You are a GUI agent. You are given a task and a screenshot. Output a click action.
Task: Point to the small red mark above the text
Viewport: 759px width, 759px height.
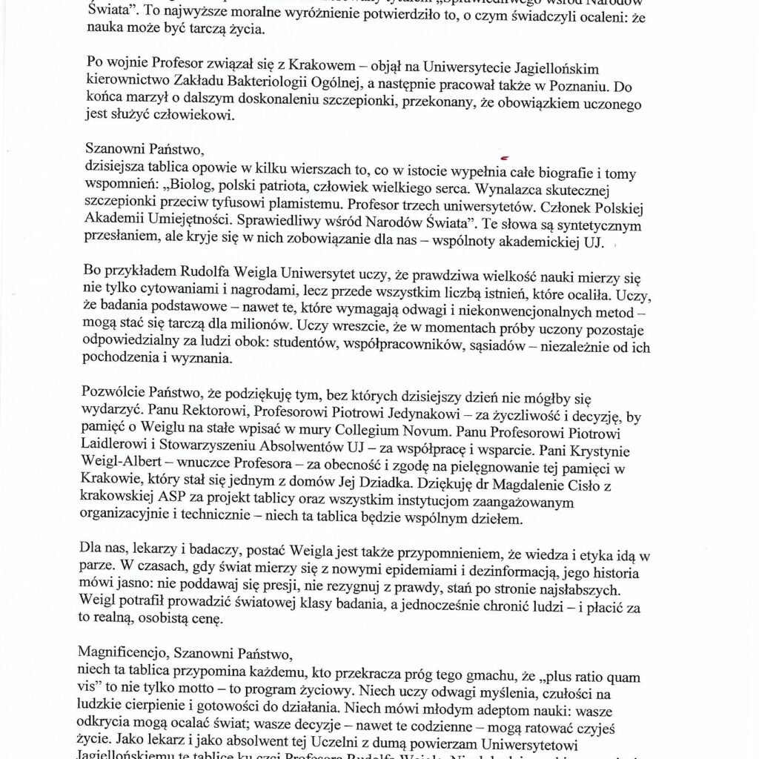pos(506,158)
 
